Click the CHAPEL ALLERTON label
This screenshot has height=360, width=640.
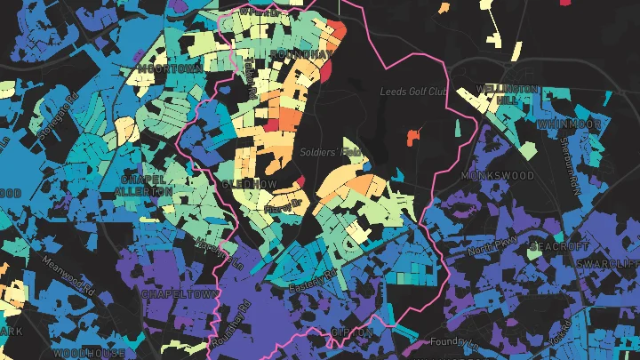(x=145, y=185)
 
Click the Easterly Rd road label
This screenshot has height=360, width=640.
(x=313, y=283)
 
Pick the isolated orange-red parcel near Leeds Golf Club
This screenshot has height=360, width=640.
(x=411, y=136)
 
